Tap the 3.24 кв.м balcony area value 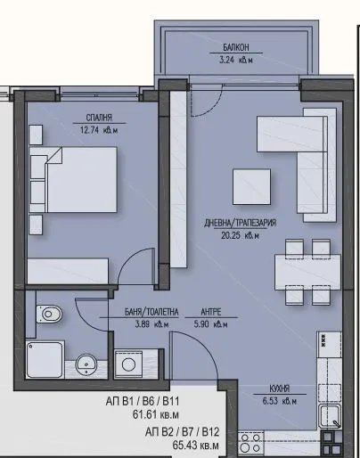pos(237,63)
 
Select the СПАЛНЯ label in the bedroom pos(98,118)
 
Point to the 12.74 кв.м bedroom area pos(98,130)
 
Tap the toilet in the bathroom pos(50,315)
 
